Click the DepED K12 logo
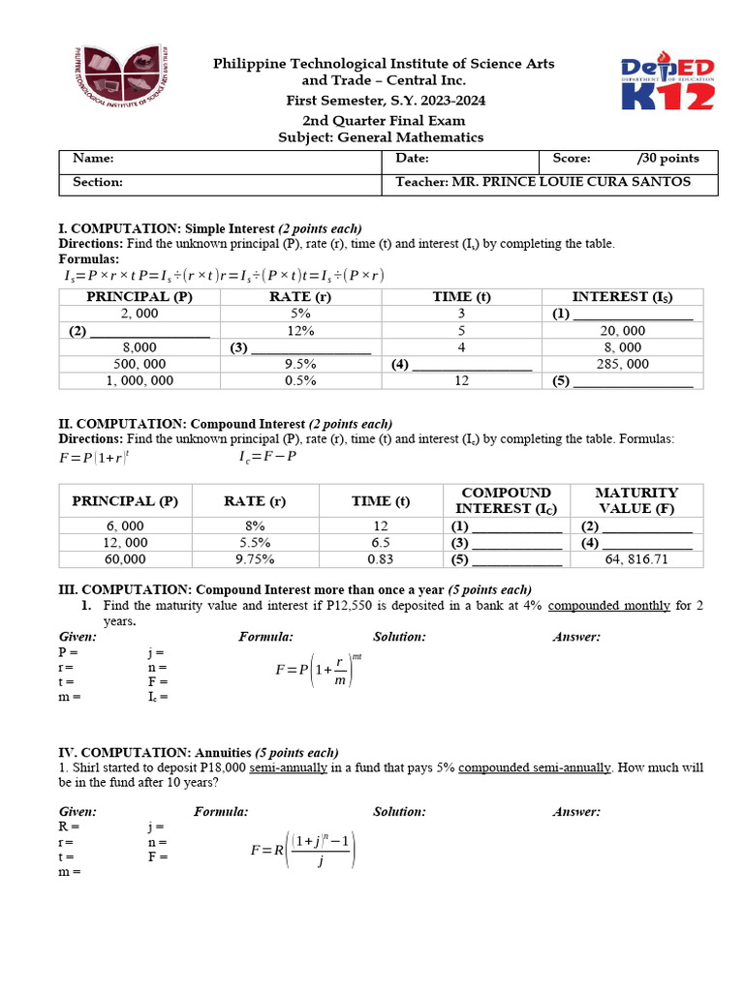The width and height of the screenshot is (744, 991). [x=667, y=83]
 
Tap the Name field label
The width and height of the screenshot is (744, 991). [x=93, y=159]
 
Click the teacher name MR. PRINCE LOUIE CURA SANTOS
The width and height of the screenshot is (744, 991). [x=543, y=182]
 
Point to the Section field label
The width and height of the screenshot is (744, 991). [x=98, y=182]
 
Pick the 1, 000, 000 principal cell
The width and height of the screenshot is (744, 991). [x=139, y=381]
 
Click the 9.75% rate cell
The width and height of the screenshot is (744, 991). [x=255, y=559]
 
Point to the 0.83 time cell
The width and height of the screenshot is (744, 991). [x=381, y=559]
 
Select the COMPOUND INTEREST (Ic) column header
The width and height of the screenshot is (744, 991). [x=507, y=500]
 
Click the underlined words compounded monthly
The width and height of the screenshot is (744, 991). [x=608, y=606]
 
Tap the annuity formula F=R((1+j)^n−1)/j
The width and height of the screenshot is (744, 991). [x=303, y=851]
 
